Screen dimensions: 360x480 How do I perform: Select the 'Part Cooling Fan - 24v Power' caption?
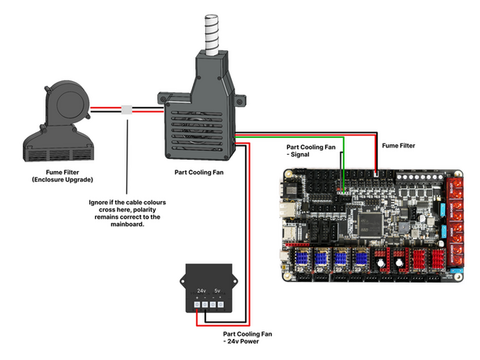(x=250, y=336)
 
